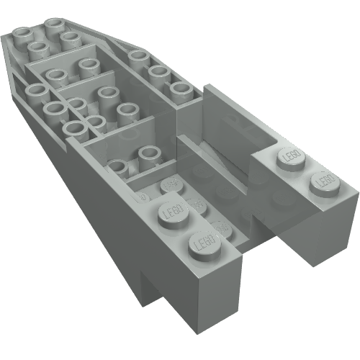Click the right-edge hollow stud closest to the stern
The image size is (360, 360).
180,89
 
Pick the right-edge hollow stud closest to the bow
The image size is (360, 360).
138,57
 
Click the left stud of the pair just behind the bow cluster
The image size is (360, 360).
55,76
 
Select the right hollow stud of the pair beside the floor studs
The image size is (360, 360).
148,154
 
